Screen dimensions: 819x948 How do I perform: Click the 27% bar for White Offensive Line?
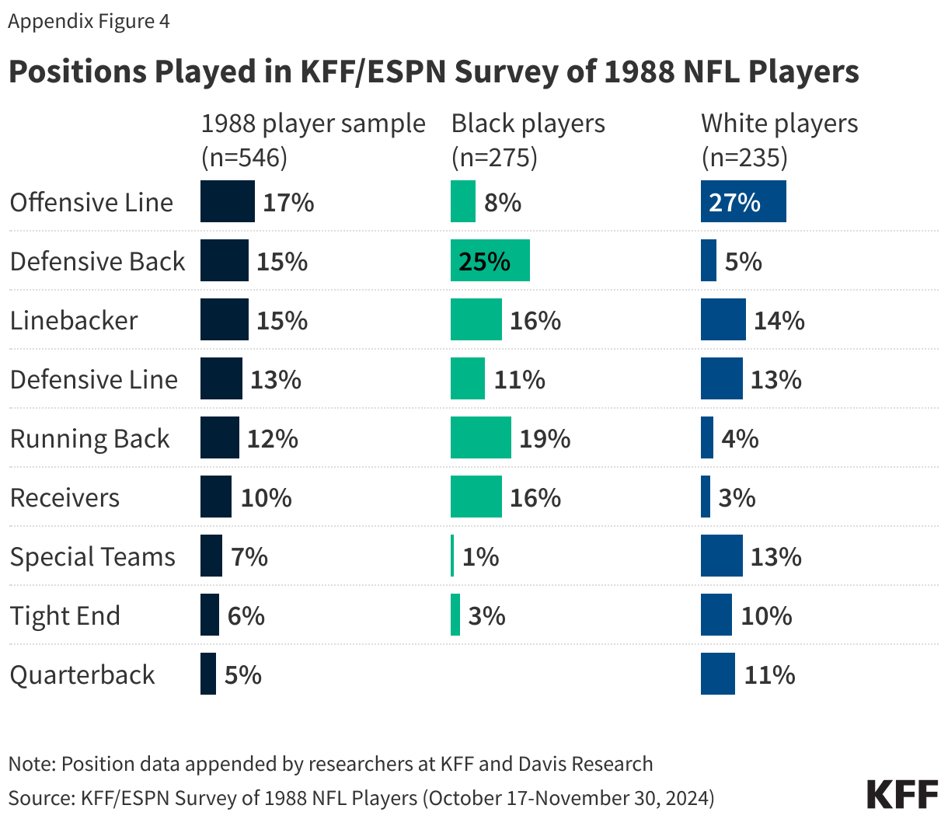tap(743, 202)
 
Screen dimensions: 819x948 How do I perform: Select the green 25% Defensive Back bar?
tap(490, 261)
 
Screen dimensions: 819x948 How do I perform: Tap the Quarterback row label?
tap(82, 674)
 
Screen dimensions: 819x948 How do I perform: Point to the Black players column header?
tap(528, 140)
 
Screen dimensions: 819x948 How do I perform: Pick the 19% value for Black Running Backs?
tap(545, 438)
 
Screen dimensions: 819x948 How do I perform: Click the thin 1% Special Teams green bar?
tap(452, 556)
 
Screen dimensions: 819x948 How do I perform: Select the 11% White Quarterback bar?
tap(717, 674)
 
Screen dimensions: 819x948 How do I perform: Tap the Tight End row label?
tap(65, 615)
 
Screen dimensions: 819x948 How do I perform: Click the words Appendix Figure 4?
tap(89, 21)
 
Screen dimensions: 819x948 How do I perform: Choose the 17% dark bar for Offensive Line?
tap(227, 202)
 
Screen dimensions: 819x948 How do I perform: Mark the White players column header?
tap(779, 140)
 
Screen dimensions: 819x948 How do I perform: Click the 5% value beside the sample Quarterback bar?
tap(243, 674)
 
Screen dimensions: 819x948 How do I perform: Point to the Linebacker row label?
tap(74, 320)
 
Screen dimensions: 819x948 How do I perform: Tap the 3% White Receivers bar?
tap(706, 497)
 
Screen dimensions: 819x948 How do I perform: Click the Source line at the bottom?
tap(361, 798)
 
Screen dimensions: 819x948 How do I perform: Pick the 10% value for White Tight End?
tap(766, 615)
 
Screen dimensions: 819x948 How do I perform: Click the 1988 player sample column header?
tap(312, 140)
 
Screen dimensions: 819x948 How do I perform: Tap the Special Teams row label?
tap(92, 556)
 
